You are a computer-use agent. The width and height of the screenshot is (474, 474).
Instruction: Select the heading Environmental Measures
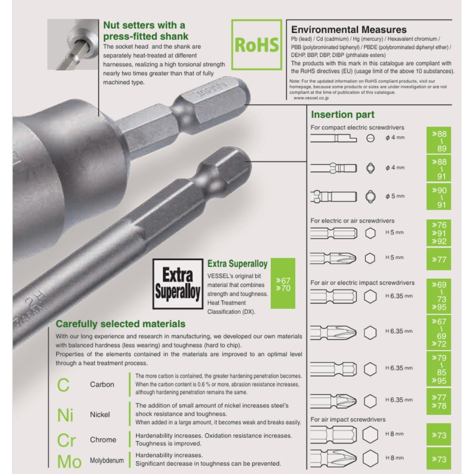tap(349, 30)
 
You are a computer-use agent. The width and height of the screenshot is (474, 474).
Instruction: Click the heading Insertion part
tap(343, 115)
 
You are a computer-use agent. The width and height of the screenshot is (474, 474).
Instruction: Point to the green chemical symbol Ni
tap(65, 415)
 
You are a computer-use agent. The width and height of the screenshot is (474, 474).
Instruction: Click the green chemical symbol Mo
tap(69, 462)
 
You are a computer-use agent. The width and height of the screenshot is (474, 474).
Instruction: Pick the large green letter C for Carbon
tap(63, 385)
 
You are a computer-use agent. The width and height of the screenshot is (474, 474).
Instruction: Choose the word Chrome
tap(103, 440)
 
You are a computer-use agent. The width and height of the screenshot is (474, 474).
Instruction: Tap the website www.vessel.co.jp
tap(311, 98)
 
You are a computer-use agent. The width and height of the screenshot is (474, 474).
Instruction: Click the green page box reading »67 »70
tap(283, 283)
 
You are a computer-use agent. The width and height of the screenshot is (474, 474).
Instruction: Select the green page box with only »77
tap(439, 259)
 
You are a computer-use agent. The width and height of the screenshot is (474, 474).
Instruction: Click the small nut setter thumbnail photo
tap(73, 44)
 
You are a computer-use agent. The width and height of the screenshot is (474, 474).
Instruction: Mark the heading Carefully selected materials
tap(121, 324)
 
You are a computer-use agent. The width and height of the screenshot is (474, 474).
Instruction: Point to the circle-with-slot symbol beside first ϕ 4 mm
tap(370, 138)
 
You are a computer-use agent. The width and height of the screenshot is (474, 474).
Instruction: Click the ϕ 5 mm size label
tap(395, 196)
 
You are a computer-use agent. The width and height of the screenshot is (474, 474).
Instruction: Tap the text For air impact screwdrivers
tap(348, 419)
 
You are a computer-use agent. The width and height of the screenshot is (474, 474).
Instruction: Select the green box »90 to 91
tap(439, 196)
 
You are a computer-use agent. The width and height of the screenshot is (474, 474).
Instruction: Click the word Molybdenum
tap(107, 461)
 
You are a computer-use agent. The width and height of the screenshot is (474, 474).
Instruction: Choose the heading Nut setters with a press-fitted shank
tap(145, 31)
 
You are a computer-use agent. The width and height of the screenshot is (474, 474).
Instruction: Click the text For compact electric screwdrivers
tap(357, 128)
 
